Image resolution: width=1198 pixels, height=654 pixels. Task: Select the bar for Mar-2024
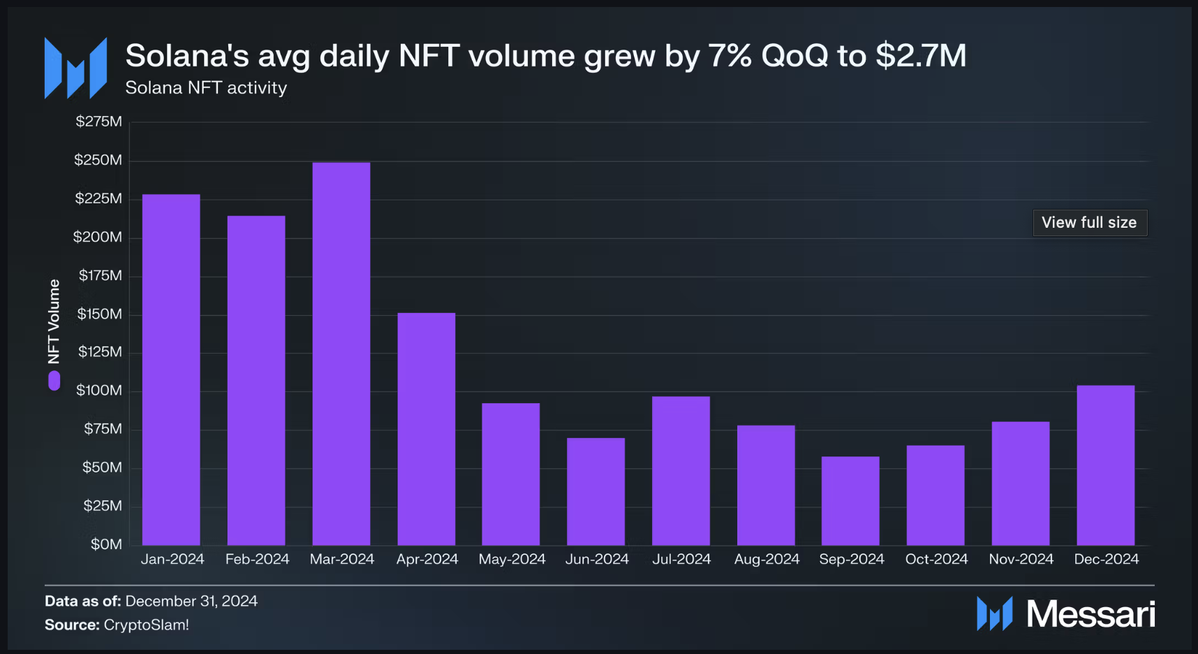coord(341,354)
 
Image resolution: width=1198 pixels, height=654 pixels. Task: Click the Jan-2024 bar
coord(171,370)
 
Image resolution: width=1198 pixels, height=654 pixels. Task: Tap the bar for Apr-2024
coord(427,429)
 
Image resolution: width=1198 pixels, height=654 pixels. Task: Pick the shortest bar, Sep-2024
coord(850,501)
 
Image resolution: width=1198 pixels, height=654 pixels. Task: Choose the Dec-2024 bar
coord(1105,465)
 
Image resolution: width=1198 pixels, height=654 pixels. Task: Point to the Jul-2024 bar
coord(681,471)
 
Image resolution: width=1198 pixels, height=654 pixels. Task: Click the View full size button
coord(1089,223)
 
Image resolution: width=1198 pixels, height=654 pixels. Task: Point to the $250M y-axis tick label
coord(98,160)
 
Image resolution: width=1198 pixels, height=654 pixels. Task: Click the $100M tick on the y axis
coord(99,391)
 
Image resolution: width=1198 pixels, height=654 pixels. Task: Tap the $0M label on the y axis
coord(106,544)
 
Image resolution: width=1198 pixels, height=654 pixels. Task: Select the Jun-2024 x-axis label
coord(597,559)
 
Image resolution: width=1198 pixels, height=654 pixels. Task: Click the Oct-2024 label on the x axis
coord(936,559)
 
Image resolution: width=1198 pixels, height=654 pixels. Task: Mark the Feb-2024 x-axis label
coord(257,559)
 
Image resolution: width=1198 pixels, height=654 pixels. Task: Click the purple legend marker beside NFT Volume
coord(54,381)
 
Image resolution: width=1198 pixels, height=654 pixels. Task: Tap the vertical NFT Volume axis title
coord(54,321)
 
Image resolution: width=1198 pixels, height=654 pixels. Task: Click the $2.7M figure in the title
coord(921,56)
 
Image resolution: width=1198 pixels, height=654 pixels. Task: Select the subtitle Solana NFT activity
coord(206,88)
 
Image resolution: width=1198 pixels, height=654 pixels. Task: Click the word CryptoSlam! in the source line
coord(147,625)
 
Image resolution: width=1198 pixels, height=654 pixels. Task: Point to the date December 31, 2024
coord(191,601)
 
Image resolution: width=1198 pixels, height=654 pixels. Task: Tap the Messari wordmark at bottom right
coord(1090,614)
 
